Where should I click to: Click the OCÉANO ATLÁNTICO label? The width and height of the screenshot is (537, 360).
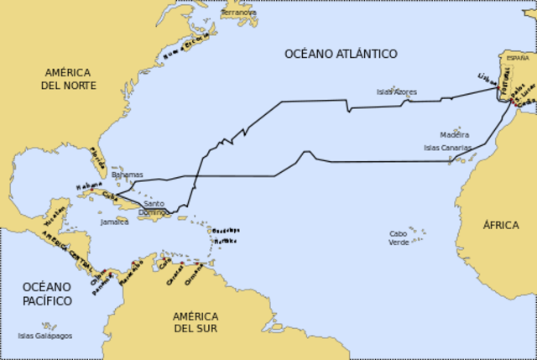tap(341, 54)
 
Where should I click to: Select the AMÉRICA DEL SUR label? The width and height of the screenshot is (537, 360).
tap(196, 321)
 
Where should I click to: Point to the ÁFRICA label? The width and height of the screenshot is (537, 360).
tap(500, 225)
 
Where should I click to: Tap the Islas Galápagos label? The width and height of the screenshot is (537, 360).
tap(44, 336)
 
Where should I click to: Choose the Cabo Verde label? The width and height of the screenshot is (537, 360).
tap(399, 237)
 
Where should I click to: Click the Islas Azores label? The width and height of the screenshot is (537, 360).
tap(397, 91)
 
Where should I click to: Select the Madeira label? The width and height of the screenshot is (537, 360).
tap(454, 134)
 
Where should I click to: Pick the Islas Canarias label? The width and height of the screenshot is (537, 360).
tap(447, 148)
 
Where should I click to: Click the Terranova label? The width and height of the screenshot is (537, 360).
tap(239, 13)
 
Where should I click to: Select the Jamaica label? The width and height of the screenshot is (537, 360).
tap(114, 222)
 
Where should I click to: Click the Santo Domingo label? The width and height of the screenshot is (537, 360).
tap(154, 208)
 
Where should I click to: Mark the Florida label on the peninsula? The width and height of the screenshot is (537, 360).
tap(98, 155)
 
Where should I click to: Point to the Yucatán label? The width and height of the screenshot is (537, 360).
tap(53, 217)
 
